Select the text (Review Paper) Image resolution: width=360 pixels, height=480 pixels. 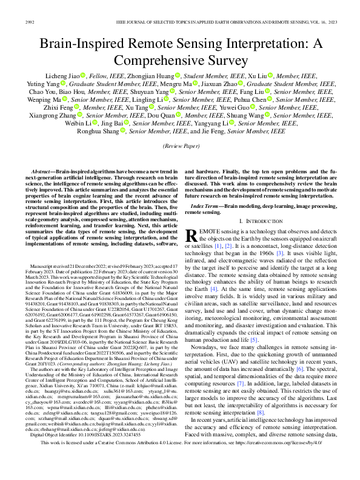[179, 146]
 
